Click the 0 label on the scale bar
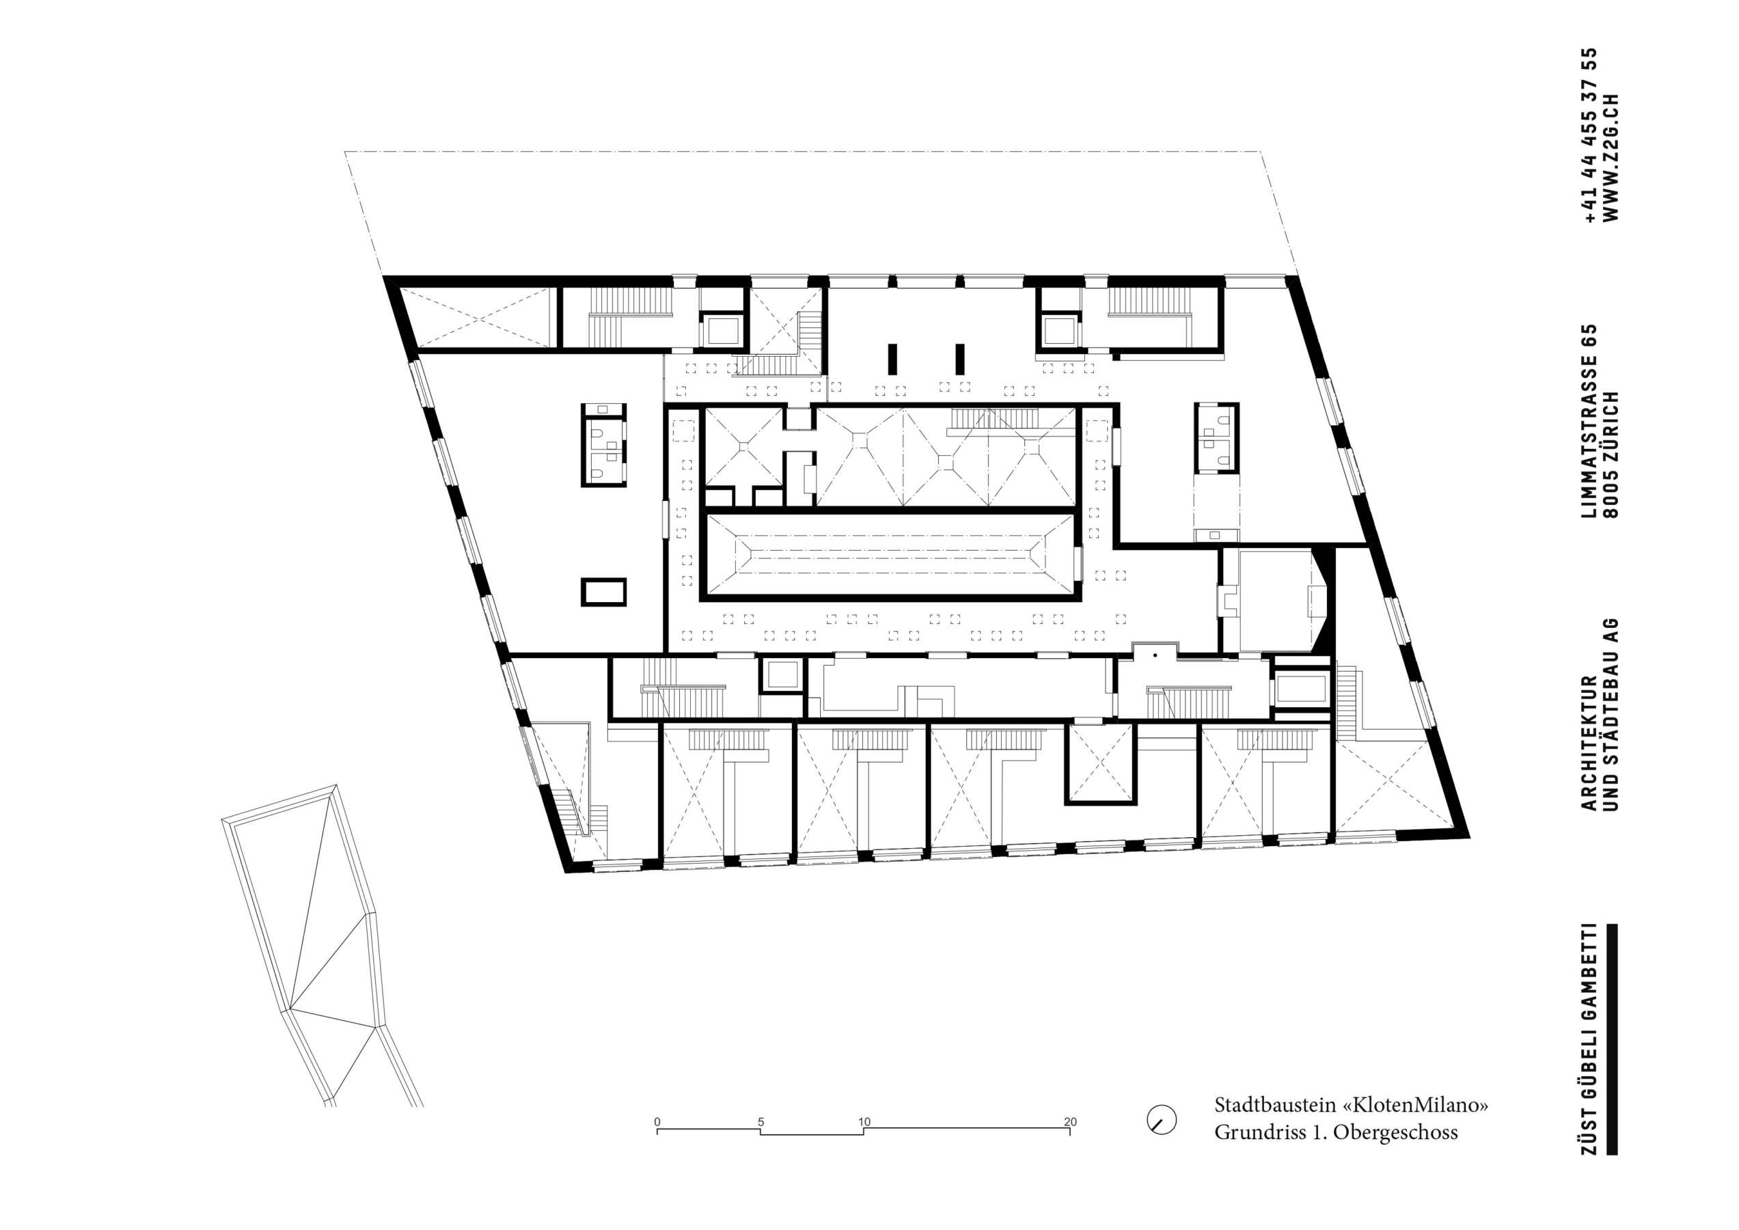pyautogui.click(x=657, y=1122)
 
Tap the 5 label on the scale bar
pyautogui.click(x=761, y=1122)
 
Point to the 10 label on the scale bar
pyautogui.click(x=864, y=1122)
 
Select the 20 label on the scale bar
pyautogui.click(x=1070, y=1122)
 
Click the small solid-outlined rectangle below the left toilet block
pyautogui.click(x=603, y=592)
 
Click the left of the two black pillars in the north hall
pyautogui.click(x=893, y=359)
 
